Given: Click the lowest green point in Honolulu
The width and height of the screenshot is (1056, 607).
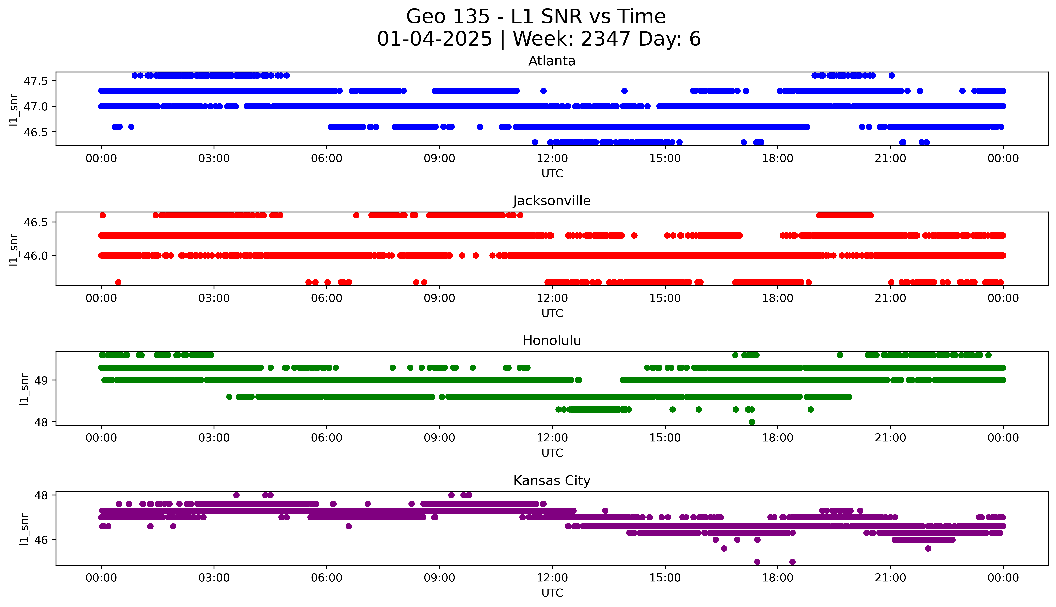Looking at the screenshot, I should (x=752, y=422).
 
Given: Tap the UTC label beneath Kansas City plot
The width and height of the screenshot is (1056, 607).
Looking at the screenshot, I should (x=552, y=593).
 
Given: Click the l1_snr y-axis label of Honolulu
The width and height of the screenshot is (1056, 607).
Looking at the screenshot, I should (x=24, y=389).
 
